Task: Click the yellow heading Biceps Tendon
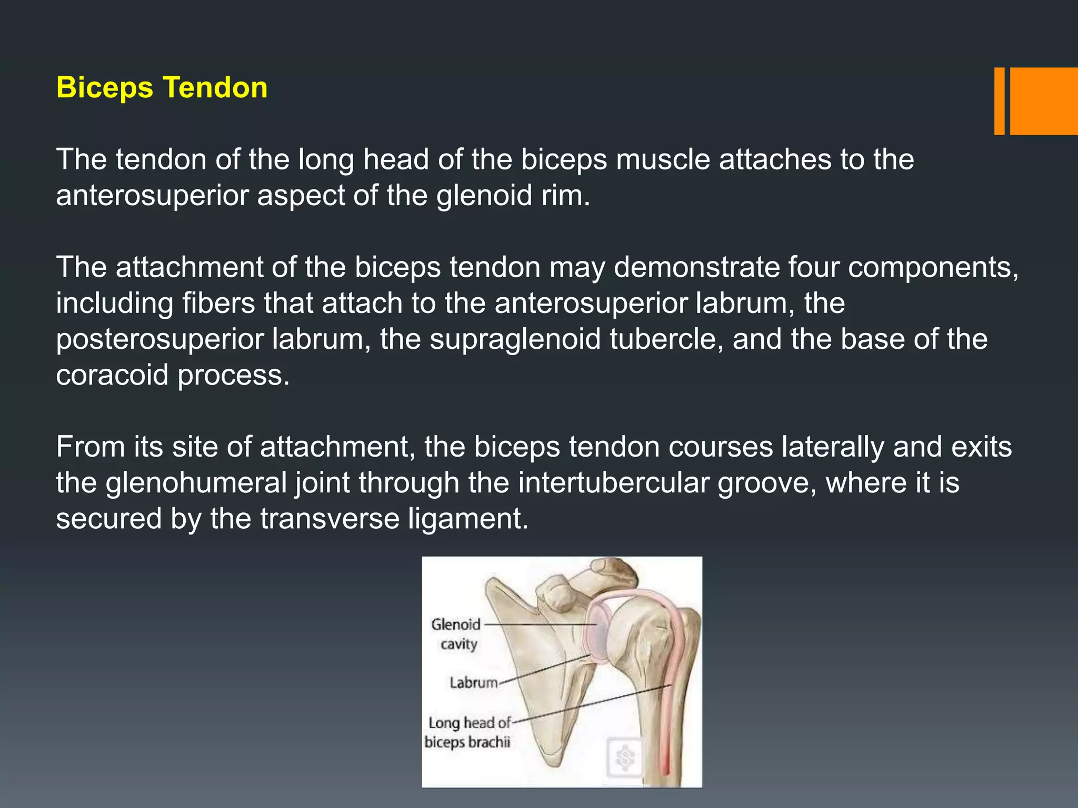click(x=162, y=87)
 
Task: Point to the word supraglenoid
click(x=515, y=339)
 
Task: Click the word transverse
click(x=330, y=519)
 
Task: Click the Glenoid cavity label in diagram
click(x=456, y=634)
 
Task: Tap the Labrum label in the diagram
click(x=473, y=683)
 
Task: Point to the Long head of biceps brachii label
click(x=468, y=732)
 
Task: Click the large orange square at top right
click(x=1043, y=101)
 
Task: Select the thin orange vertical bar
click(x=999, y=101)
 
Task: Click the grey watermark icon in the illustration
click(x=625, y=757)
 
